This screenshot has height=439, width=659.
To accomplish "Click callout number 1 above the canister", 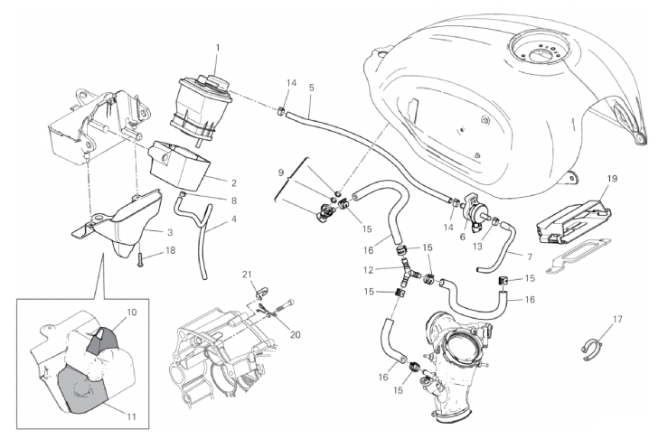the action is pyautogui.click(x=218, y=48).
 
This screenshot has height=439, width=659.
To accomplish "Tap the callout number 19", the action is pyautogui.click(x=612, y=179).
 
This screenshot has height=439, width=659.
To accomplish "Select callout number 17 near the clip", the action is pyautogui.click(x=617, y=319).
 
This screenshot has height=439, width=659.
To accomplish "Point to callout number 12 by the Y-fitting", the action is pyautogui.click(x=369, y=270).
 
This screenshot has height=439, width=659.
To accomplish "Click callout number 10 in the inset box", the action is pyautogui.click(x=132, y=313).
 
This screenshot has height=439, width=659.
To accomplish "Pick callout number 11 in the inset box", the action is pyautogui.click(x=132, y=416).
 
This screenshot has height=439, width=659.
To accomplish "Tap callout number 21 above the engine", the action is pyautogui.click(x=247, y=275).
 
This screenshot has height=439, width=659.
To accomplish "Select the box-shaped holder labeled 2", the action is pyautogui.click(x=180, y=164).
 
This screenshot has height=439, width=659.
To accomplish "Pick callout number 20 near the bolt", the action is pyautogui.click(x=296, y=335).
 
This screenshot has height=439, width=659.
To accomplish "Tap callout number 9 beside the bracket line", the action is pyautogui.click(x=281, y=172).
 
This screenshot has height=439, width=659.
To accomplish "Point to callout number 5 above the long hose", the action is pyautogui.click(x=311, y=88).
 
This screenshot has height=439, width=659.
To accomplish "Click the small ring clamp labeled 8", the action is pyautogui.click(x=183, y=194).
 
